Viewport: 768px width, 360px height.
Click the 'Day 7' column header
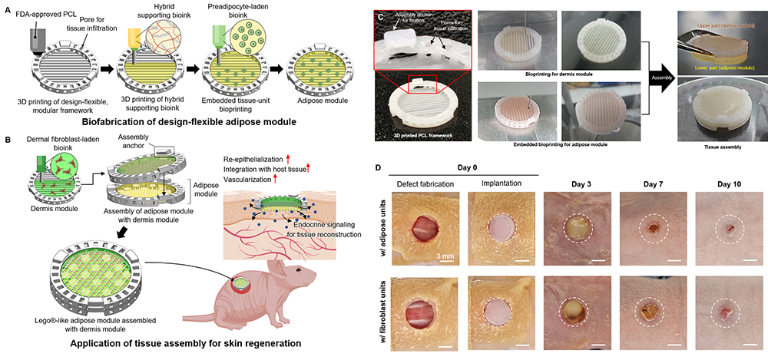click(x=651, y=183)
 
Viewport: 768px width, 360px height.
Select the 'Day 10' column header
click(x=727, y=183)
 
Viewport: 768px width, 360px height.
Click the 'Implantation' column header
click(x=501, y=183)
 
